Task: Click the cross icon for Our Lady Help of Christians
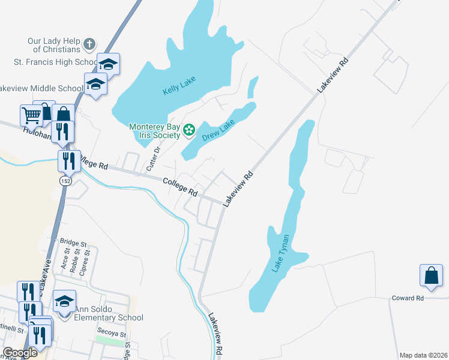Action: (89, 44)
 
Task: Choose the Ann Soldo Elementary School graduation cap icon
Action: (65, 301)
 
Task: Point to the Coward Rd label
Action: (408, 298)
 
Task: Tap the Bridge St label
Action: (73, 244)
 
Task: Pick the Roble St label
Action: (76, 262)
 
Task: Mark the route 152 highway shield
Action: (65, 181)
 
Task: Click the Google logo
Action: (20, 353)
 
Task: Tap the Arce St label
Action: (64, 262)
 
